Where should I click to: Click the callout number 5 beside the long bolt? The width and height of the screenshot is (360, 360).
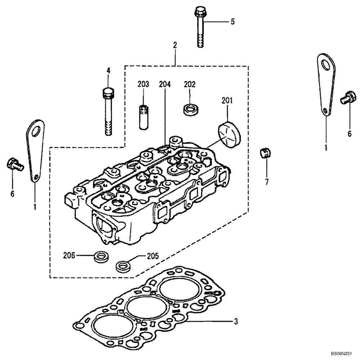pyautogui.click(x=232, y=22)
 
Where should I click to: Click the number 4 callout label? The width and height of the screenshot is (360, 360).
pyautogui.click(x=108, y=71)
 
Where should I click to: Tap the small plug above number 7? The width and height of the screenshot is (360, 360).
pyautogui.click(x=265, y=153)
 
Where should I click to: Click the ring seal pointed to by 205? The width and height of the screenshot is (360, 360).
pyautogui.click(x=122, y=267)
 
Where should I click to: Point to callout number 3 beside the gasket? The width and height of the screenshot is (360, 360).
pyautogui.click(x=236, y=321)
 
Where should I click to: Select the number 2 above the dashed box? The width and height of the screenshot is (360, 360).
pyautogui.click(x=175, y=45)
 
